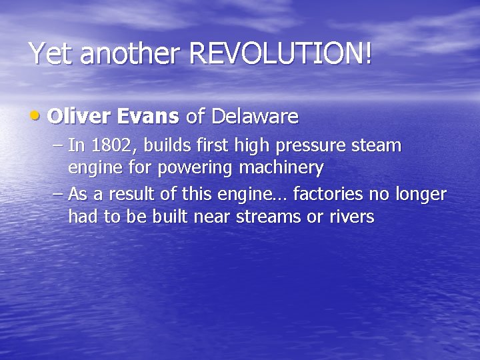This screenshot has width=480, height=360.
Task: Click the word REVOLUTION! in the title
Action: [280, 53]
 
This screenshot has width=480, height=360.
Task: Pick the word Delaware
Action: [255, 117]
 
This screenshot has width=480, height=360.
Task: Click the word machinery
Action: [282, 168]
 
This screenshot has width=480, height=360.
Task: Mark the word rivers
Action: [351, 217]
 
